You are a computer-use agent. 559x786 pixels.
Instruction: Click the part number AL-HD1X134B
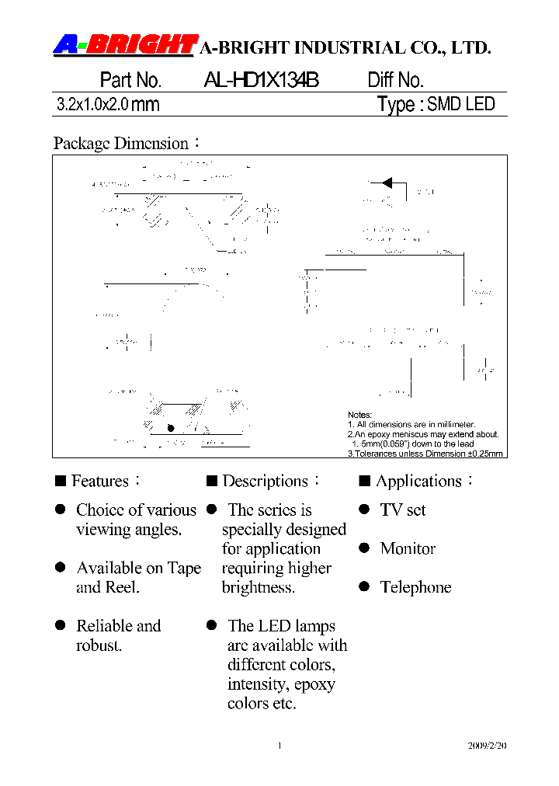pyautogui.click(x=261, y=81)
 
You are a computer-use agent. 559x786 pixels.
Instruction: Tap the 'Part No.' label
pyautogui.click(x=130, y=81)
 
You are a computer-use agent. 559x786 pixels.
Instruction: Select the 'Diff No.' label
pyautogui.click(x=395, y=81)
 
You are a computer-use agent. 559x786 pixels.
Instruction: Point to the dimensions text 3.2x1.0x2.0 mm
pyautogui.click(x=108, y=105)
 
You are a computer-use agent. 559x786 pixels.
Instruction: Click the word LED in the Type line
pyautogui.click(x=481, y=104)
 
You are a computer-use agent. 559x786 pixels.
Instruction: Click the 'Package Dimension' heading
pyautogui.click(x=121, y=144)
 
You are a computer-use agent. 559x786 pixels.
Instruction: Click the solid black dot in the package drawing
pyautogui.click(x=171, y=428)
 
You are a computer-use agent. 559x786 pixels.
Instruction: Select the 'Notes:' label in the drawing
pyautogui.click(x=359, y=416)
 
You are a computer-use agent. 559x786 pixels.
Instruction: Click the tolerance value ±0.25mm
pyautogui.click(x=483, y=454)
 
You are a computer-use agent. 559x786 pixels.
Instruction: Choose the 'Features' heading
pyautogui.click(x=99, y=482)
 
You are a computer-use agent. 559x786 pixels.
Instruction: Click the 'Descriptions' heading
pyautogui.click(x=265, y=482)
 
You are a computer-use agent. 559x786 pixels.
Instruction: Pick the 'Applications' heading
pyautogui.click(x=418, y=482)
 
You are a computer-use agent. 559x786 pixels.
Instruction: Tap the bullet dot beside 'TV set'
pyautogui.click(x=363, y=510)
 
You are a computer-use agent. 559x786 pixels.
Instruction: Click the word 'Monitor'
pyautogui.click(x=408, y=549)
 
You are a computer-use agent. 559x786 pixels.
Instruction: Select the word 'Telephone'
pyautogui.click(x=415, y=588)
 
